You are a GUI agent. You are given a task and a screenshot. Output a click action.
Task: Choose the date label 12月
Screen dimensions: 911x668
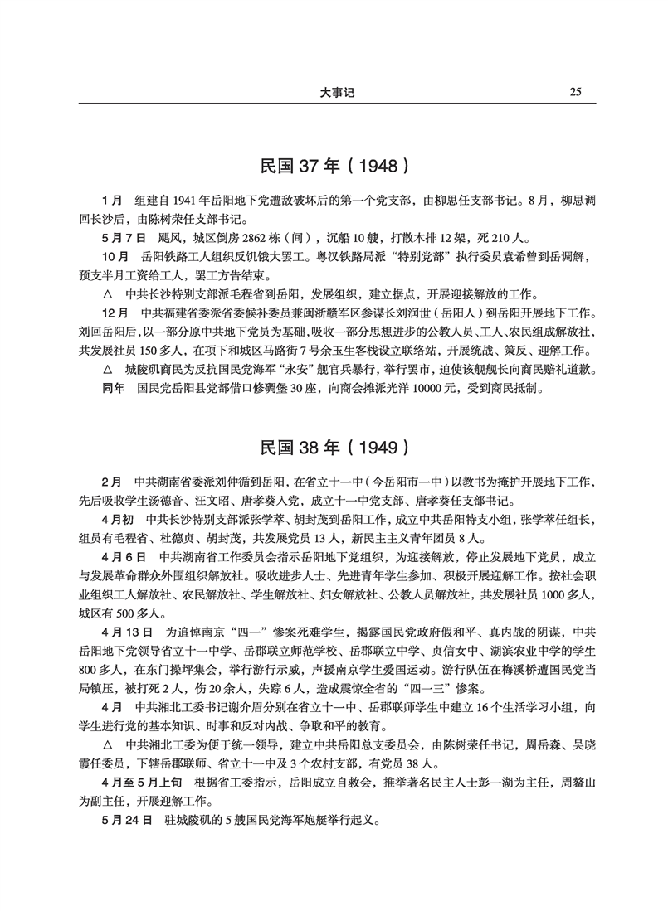114,313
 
